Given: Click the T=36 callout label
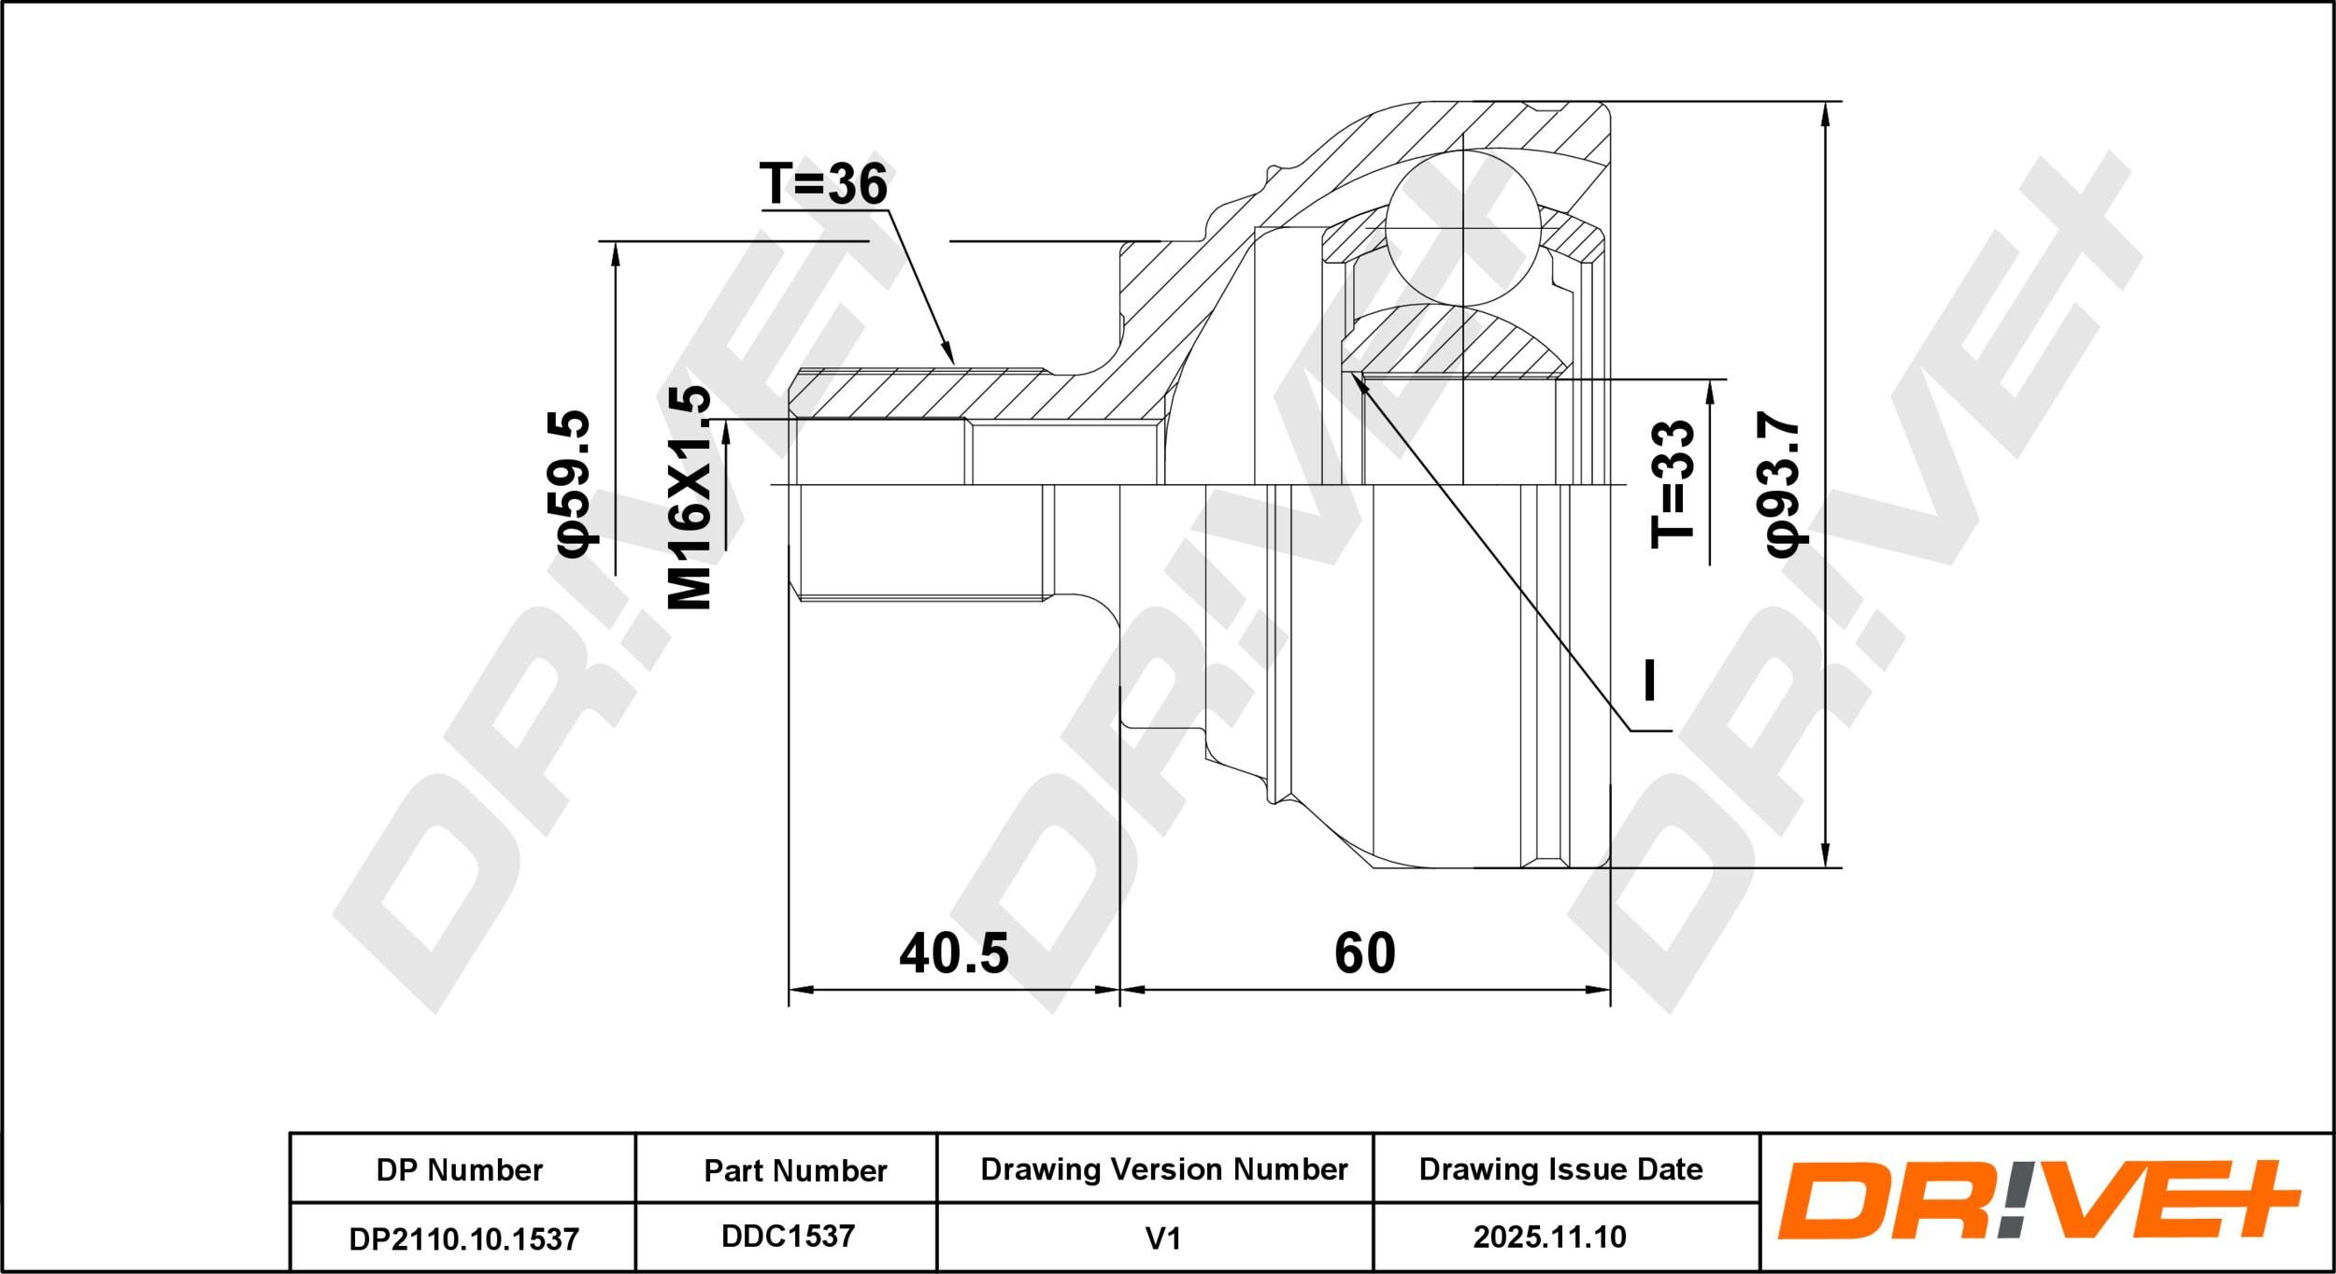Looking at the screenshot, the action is tap(823, 183).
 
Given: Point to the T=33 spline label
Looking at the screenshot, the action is tap(1673, 483).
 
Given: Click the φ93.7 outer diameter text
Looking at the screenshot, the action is tap(1781, 483).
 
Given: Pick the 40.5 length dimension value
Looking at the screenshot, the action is tap(954, 953).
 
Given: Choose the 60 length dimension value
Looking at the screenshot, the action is tap(1365, 953).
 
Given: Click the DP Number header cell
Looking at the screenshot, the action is tap(460, 1170).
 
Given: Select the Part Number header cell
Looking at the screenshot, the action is tap(795, 1170).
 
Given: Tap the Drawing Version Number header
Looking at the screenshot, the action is tap(1164, 1169).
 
